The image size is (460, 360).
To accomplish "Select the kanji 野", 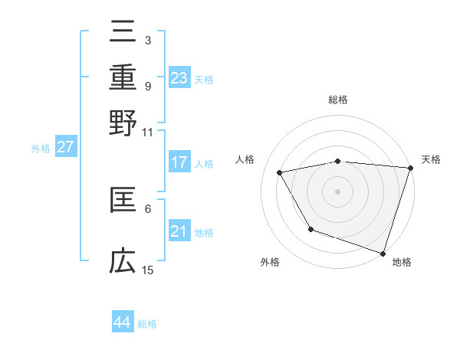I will (123, 123).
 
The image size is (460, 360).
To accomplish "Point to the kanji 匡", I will (123, 200).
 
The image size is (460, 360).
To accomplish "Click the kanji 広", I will (123, 262).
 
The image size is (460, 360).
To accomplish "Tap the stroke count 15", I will (148, 270).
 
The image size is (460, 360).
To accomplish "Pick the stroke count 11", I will (148, 132).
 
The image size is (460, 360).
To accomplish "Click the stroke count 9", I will (147, 86).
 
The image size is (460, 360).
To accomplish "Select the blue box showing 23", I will (179, 77).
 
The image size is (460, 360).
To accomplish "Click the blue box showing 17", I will (179, 162).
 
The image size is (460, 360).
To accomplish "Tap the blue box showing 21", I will (179, 231).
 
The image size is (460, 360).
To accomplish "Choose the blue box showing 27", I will (65, 147).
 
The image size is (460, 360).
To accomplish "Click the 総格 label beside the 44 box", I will (147, 324).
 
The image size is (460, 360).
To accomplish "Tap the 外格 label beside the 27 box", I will (40, 149).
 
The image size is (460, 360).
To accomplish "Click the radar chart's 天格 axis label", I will (432, 159).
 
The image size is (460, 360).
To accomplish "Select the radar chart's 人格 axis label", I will (245, 159).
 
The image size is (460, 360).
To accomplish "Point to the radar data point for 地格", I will (383, 253).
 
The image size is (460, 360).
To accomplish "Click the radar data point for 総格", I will (337, 161).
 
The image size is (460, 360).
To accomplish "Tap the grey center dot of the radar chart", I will (337, 191).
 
